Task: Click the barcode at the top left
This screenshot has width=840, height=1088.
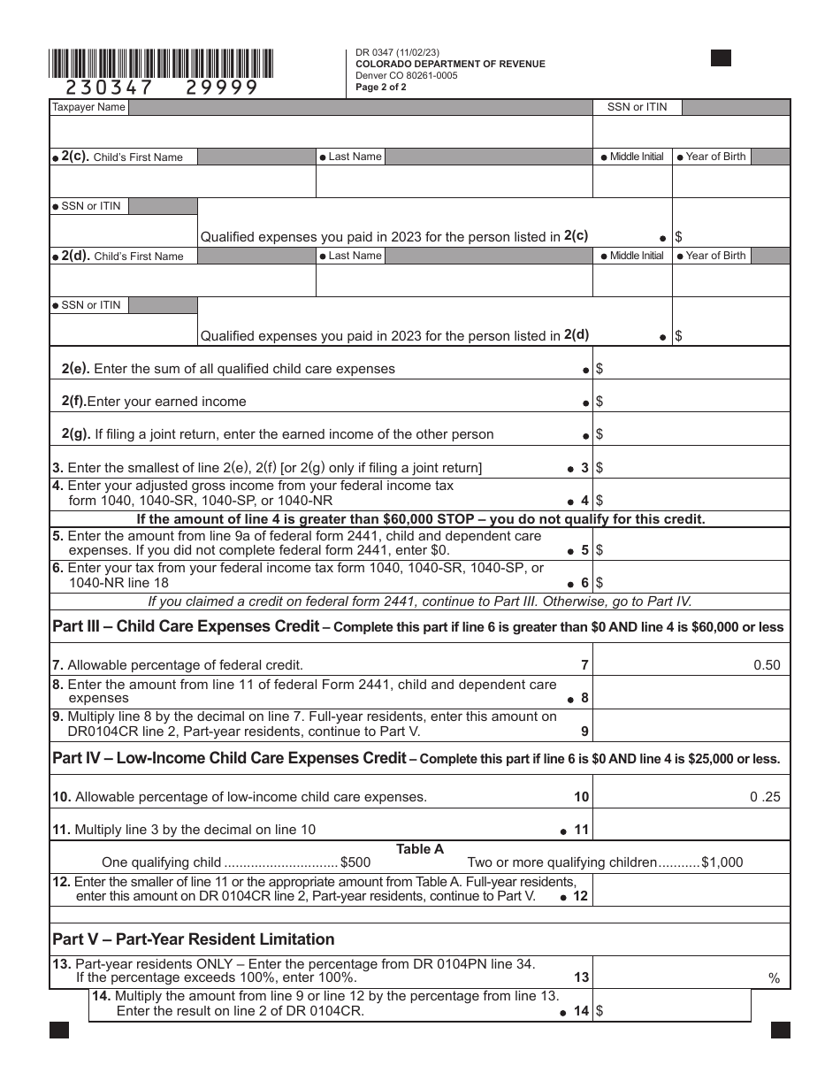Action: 162,64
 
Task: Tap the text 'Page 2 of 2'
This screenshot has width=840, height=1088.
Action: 381,87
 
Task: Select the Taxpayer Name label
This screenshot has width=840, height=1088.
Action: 88,107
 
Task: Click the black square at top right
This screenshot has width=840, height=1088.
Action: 721,58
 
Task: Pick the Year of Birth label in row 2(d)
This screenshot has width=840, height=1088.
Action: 715,256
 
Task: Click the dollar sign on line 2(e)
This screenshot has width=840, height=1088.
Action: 599,368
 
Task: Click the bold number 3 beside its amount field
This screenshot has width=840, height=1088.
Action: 584,468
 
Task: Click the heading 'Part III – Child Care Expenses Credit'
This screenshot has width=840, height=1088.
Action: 186,626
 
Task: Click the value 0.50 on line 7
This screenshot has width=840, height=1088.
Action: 767,665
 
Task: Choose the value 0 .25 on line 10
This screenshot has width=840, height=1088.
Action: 766,796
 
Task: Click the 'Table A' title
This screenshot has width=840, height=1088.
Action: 420,849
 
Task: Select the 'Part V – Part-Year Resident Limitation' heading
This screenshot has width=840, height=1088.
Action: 194,939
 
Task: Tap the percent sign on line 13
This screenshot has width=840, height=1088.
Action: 775,978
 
